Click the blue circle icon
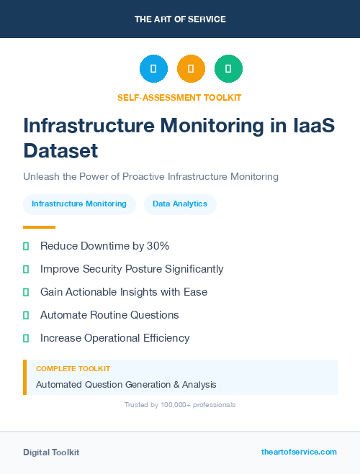pyautogui.click(x=153, y=68)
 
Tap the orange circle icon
pyautogui.click(x=191, y=68)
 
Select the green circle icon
pyautogui.click(x=228, y=68)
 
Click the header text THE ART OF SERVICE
pyautogui.click(x=180, y=19)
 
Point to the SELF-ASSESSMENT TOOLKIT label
pyautogui.click(x=179, y=97)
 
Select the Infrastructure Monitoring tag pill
pyautogui.click(x=79, y=204)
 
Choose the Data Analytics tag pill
pyautogui.click(x=180, y=204)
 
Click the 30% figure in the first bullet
pyautogui.click(x=158, y=246)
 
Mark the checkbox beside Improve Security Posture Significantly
pyautogui.click(x=26, y=269)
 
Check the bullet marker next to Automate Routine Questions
pyautogui.click(x=26, y=315)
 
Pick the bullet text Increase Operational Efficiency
pyautogui.click(x=115, y=338)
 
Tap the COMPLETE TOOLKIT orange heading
pyautogui.click(x=73, y=368)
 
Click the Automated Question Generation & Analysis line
pyautogui.click(x=126, y=385)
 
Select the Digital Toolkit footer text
pyautogui.click(x=51, y=452)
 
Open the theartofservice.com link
pyautogui.click(x=299, y=452)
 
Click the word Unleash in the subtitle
pyautogui.click(x=42, y=176)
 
